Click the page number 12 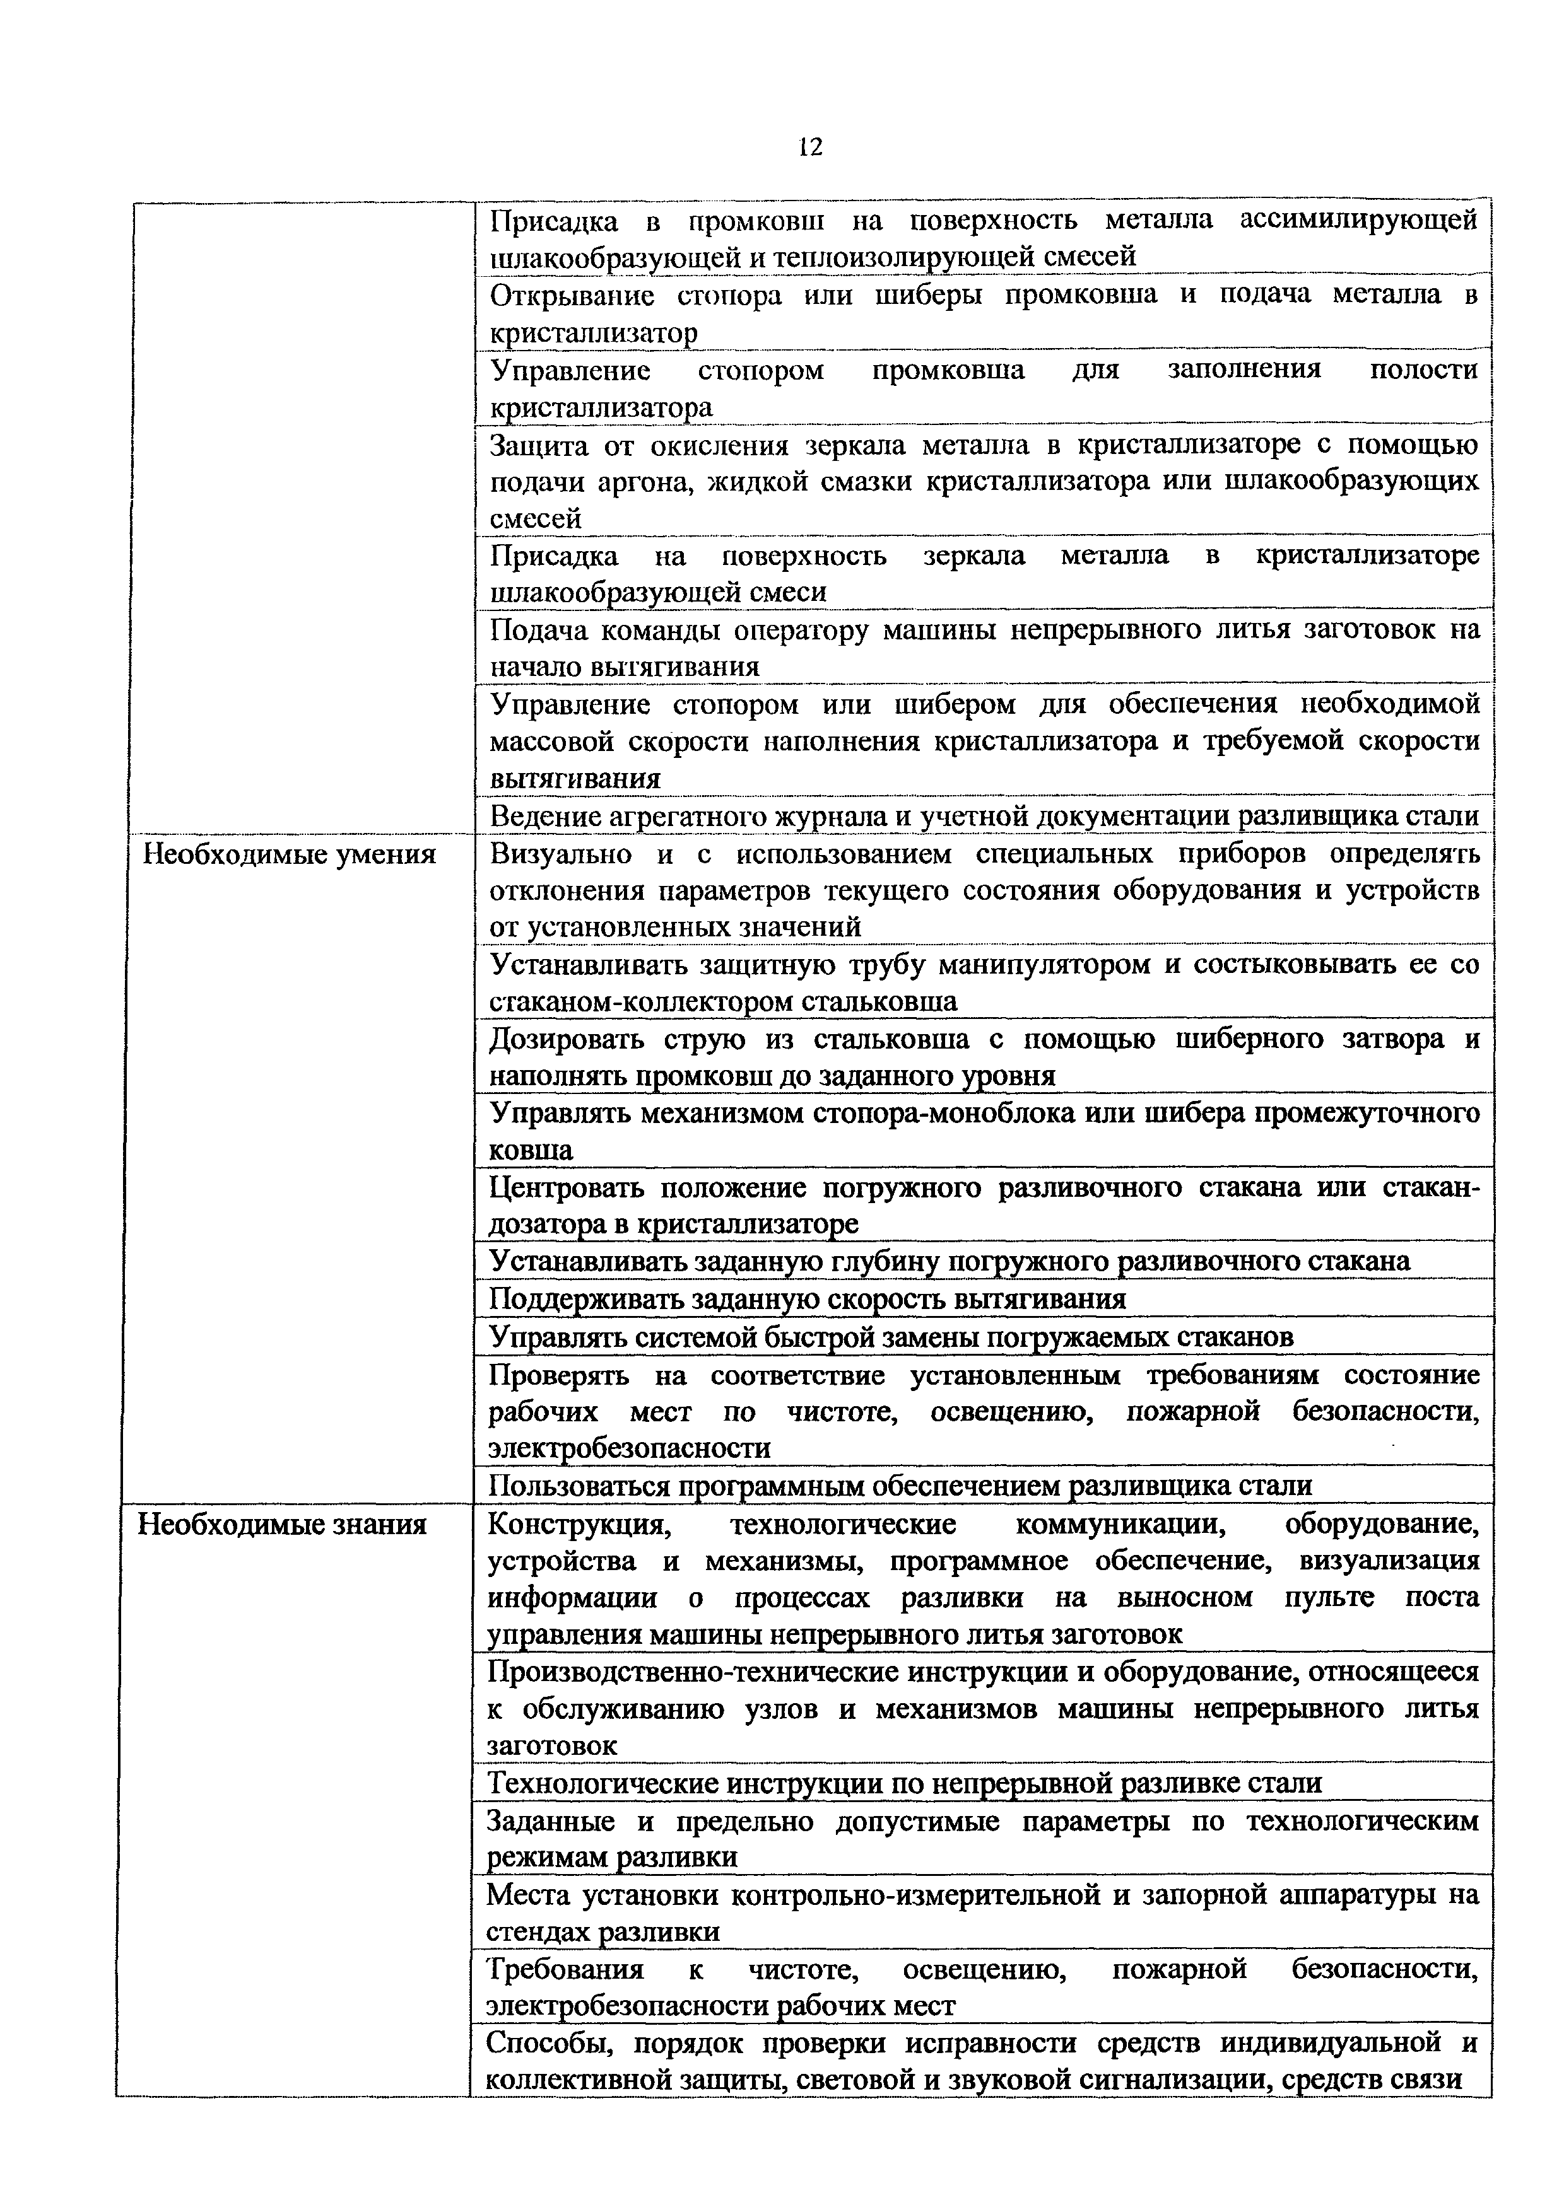(x=811, y=148)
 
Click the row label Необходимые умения (x=289, y=854)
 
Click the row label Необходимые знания (x=283, y=1524)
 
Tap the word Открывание (x=572, y=296)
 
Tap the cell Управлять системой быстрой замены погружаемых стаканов (x=891, y=1337)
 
